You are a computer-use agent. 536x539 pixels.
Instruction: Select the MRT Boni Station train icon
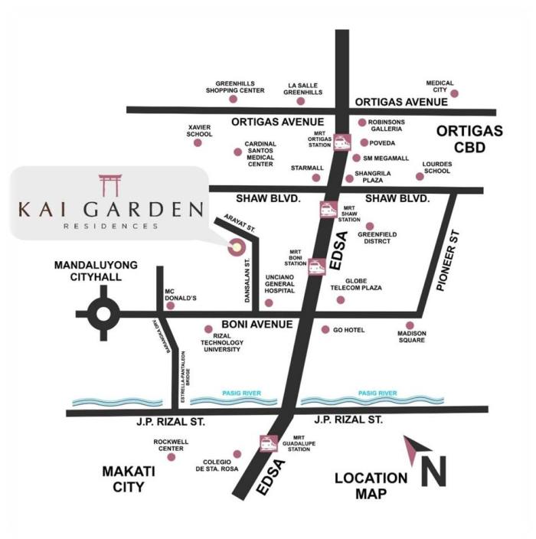click(x=315, y=266)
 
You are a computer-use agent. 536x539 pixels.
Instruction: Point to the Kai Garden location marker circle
click(x=235, y=247)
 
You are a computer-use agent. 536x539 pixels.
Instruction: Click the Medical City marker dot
click(x=455, y=93)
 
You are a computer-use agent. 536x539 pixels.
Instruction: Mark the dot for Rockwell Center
click(x=171, y=457)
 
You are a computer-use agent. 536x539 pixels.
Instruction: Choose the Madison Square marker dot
click(x=410, y=325)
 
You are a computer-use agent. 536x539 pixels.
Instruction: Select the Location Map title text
click(x=371, y=485)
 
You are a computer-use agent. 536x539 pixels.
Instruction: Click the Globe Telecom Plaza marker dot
click(x=341, y=299)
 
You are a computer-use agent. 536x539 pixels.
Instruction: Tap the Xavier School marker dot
click(x=199, y=142)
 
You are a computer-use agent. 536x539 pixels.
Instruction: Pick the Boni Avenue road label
click(x=257, y=325)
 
